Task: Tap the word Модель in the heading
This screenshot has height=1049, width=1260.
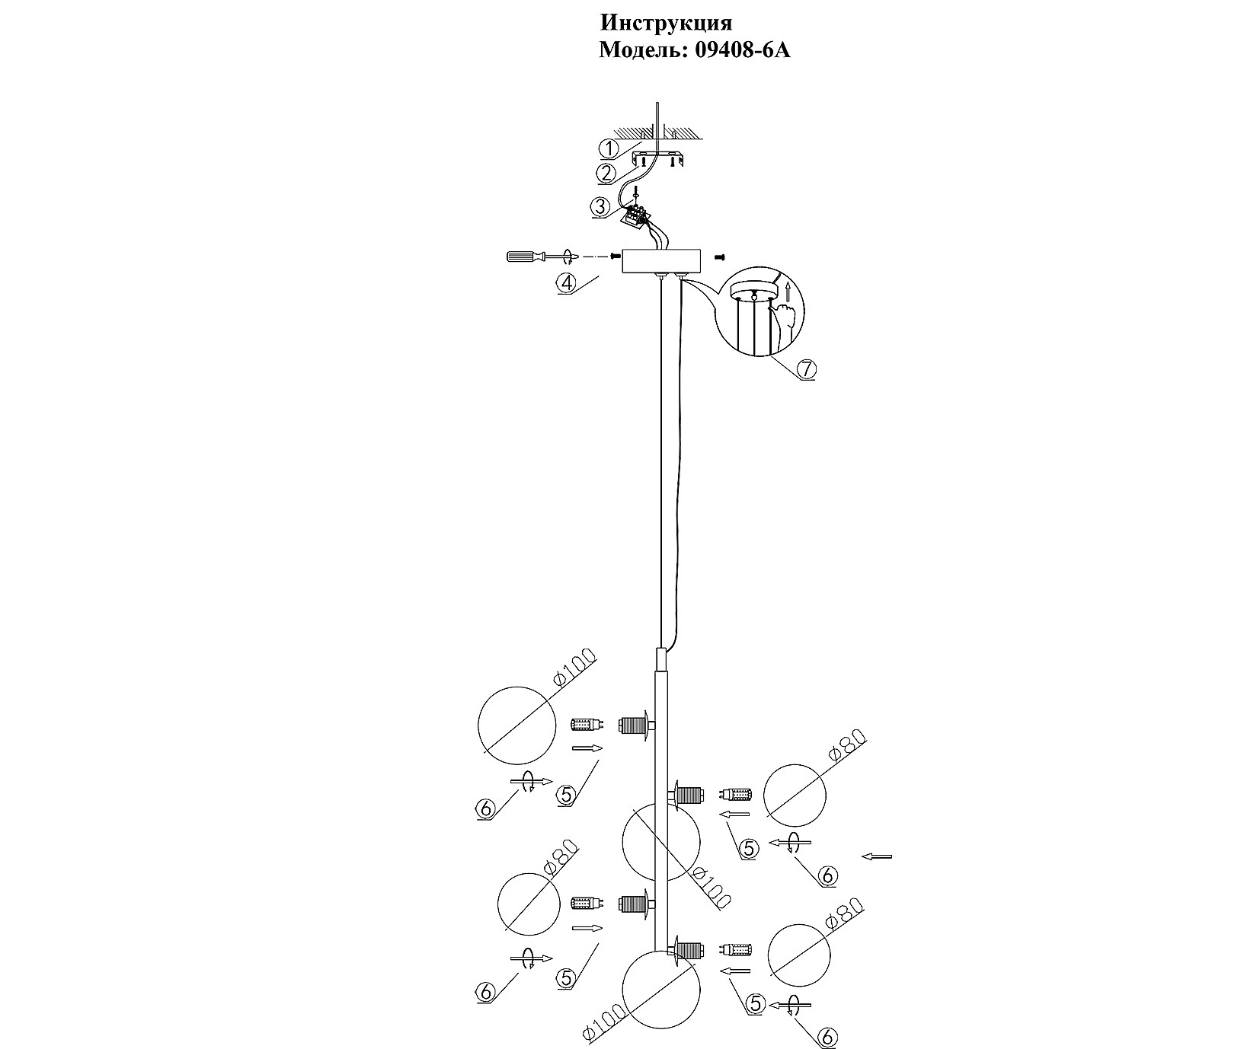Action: tap(641, 50)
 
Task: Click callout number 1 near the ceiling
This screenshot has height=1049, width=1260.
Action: tap(609, 148)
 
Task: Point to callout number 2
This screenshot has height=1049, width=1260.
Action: tap(606, 174)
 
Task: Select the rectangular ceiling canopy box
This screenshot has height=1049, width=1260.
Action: tap(660, 261)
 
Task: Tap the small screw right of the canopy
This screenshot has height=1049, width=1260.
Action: tap(720, 258)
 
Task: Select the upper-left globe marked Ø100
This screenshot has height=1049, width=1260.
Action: tap(516, 725)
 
